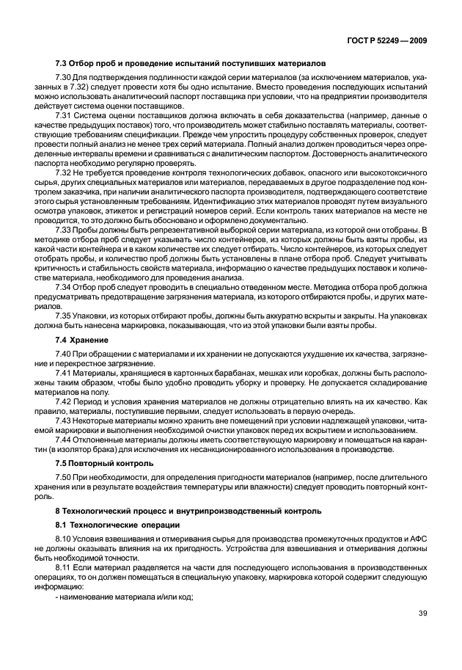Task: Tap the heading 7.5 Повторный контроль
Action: pos(104,463)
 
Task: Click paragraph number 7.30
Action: pos(64,76)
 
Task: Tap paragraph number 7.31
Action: pos(64,116)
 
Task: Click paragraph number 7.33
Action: pos(64,229)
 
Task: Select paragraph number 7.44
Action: pos(64,439)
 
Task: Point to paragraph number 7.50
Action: pos(64,478)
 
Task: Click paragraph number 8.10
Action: pos(64,541)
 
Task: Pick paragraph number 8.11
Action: pos(64,567)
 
